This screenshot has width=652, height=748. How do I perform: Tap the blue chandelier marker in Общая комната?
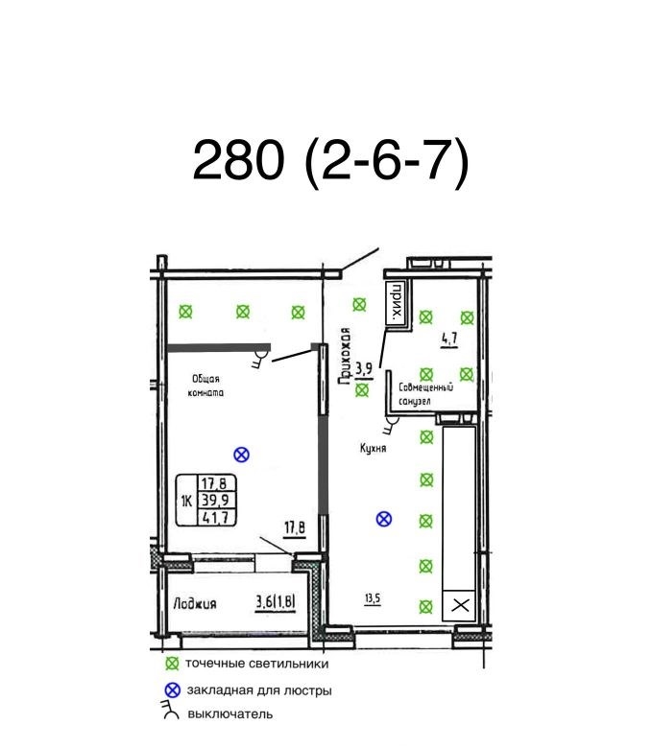click(x=242, y=455)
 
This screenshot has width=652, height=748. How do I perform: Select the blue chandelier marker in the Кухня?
click(x=384, y=519)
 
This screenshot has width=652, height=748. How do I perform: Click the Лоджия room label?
click(x=195, y=604)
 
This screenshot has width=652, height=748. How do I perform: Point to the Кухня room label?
click(x=373, y=449)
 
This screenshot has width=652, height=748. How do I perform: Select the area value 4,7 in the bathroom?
click(x=449, y=340)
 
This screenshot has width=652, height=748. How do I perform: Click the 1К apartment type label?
click(x=186, y=501)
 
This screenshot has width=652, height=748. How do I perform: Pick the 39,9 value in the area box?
click(x=216, y=500)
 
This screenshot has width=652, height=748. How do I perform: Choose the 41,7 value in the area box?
click(x=216, y=517)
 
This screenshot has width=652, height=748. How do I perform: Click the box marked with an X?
click(x=460, y=605)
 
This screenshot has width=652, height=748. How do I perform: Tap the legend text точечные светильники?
click(x=257, y=664)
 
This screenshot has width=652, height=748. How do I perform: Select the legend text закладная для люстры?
click(x=259, y=690)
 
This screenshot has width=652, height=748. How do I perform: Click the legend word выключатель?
click(x=230, y=714)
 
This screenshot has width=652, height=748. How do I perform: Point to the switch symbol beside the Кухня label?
click(x=392, y=425)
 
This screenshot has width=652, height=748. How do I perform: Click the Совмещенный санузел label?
click(x=424, y=394)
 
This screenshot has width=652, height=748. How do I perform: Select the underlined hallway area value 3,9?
click(x=365, y=371)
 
